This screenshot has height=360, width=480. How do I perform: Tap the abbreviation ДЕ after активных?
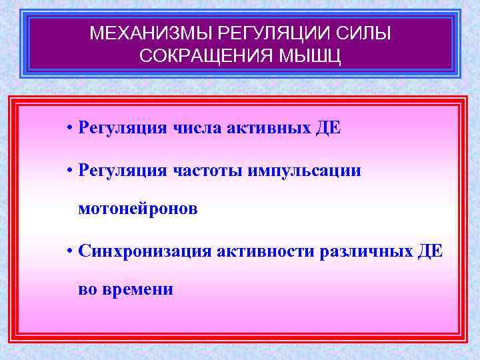[326, 128]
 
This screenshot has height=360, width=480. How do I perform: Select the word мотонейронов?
[138, 209]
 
